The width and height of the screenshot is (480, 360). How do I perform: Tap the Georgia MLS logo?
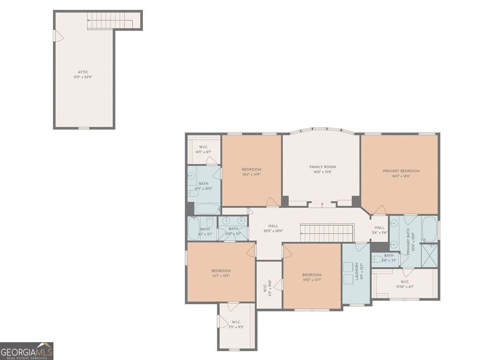[27, 351]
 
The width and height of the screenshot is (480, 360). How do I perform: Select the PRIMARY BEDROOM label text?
[401, 171]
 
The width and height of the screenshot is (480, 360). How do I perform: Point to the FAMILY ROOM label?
[322, 167]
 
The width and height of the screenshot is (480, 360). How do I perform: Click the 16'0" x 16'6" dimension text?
[401, 176]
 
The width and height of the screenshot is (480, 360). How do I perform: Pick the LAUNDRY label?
[357, 271]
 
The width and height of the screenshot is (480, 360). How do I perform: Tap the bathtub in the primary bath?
[429, 229]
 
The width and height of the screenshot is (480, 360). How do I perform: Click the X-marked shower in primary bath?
[429, 255]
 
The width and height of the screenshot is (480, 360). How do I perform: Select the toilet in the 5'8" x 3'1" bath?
[377, 259]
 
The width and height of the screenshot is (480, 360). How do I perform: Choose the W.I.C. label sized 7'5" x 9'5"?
[236, 322]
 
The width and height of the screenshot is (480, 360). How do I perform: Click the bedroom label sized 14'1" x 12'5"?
[221, 271]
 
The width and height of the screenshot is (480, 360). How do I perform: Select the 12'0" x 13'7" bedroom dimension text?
[312, 280]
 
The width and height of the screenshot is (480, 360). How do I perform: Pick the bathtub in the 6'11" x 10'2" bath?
[206, 209]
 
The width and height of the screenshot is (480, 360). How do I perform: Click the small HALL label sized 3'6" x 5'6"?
[379, 227]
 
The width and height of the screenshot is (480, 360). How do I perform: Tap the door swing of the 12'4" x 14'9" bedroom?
[272, 202]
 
